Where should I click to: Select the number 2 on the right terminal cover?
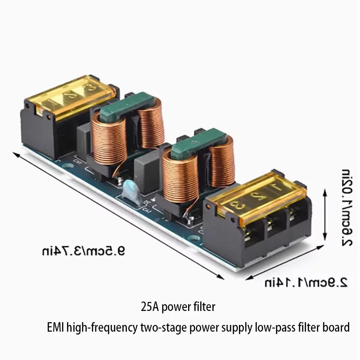(256, 197)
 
